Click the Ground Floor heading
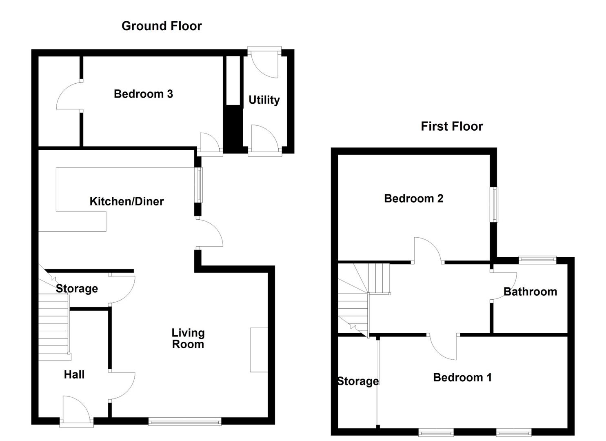tap(162, 26)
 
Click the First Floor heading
tap(452, 127)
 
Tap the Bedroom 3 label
tap(143, 94)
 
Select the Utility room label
tap(264, 100)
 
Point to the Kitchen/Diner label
tap(127, 201)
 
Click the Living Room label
tap(188, 339)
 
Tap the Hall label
tap(74, 375)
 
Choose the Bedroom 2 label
tap(414, 198)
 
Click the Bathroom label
tap(530, 292)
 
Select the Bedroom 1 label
tap(462, 377)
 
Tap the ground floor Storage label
tap(77, 289)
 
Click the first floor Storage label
tap(358, 381)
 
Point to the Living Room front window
tap(185, 421)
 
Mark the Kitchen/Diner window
tap(199, 185)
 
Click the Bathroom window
tap(537, 260)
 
